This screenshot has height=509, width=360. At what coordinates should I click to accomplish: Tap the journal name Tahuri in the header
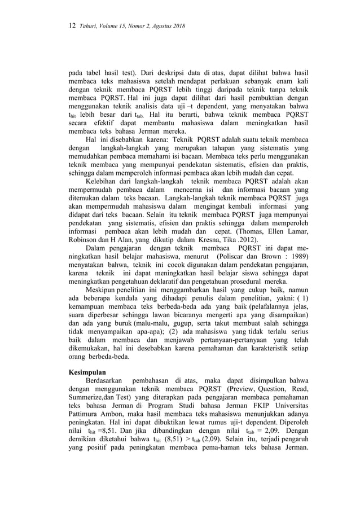click(x=89, y=27)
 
